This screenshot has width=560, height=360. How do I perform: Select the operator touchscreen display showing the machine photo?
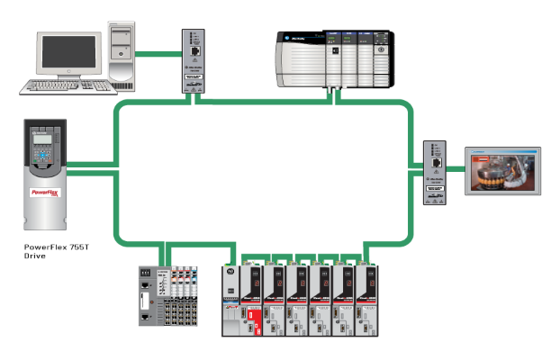500,170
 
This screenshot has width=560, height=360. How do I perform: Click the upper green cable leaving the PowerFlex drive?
90,164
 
